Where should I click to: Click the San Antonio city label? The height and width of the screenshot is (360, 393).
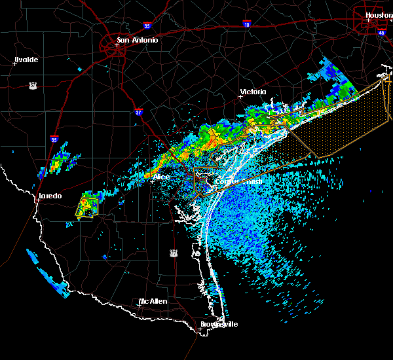pos(138,40)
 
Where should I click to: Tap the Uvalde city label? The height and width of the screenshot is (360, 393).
pos(26,60)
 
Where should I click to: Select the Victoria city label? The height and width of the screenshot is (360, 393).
pos(253,92)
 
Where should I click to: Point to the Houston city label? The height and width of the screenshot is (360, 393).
pos(379,14)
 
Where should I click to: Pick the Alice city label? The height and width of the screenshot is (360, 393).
pos(161,177)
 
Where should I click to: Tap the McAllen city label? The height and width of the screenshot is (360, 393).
pos(153,302)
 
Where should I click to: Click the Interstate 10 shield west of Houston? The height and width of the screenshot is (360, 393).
pos(246,24)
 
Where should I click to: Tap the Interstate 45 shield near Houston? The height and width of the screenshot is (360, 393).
pos(382,31)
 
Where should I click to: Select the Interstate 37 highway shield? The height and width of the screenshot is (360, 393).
pos(138,112)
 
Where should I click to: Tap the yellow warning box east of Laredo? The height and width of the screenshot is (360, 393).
pos(87,207)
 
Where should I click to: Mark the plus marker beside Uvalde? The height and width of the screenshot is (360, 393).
pos(14,63)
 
